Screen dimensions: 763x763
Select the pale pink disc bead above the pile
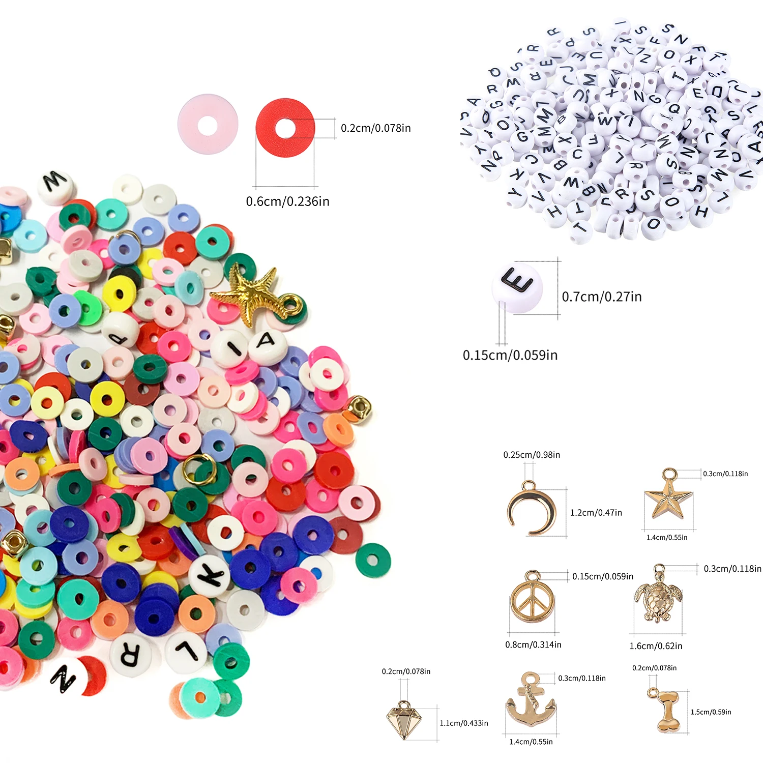click(x=208, y=124)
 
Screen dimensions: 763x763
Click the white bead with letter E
click(x=517, y=288)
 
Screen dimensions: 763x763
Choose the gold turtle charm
click(x=658, y=598)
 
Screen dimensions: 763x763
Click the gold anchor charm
click(x=531, y=702)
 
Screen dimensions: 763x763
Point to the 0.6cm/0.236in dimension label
click(x=287, y=201)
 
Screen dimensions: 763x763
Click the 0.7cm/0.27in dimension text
click(x=602, y=297)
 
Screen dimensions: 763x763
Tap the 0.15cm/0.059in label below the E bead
click(x=510, y=355)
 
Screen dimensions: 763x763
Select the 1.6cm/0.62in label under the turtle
click(x=656, y=646)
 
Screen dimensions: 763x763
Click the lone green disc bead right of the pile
click(x=373, y=561)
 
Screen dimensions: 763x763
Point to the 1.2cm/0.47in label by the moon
click(x=596, y=513)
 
